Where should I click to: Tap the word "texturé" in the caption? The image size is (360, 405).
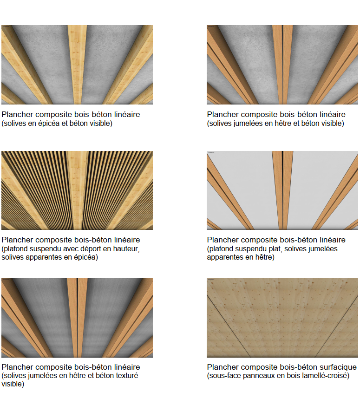[x=125, y=376]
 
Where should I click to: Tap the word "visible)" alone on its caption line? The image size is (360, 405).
[x=13, y=384]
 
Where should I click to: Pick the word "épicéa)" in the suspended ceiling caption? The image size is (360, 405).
[x=86, y=257]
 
